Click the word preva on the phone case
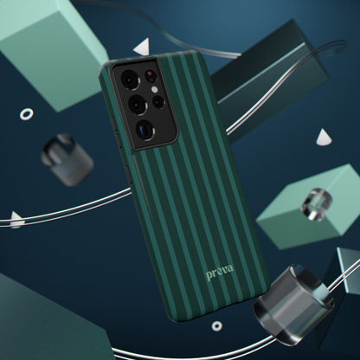coord(220,272)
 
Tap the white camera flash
coord(155,89)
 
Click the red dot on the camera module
coord(150,74)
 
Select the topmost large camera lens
coord(131,79)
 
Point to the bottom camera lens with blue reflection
coord(145,131)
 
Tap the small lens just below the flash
coord(158,101)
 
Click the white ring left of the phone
coord(26,114)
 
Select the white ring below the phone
coord(216,326)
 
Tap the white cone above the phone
coord(143,47)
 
